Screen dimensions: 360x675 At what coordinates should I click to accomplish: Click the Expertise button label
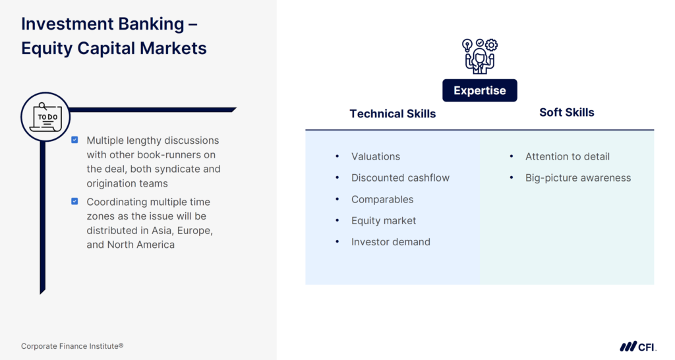tap(479, 90)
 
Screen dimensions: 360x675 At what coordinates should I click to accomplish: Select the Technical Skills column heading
tap(392, 113)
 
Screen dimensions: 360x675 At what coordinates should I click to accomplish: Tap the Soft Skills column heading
tap(566, 112)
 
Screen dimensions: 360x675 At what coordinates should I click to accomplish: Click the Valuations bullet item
tap(375, 156)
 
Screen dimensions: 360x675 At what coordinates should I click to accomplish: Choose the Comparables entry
tap(382, 199)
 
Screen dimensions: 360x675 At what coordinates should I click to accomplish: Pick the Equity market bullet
tap(384, 220)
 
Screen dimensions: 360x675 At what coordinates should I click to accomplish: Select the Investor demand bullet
tap(390, 242)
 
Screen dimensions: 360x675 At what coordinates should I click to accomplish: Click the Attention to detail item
tap(567, 156)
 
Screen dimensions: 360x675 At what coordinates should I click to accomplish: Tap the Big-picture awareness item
tap(577, 178)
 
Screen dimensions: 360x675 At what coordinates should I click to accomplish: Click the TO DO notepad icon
tap(45, 117)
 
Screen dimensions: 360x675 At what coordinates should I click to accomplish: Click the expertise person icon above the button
tap(479, 56)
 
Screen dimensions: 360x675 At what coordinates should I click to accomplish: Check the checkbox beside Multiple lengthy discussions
tap(74, 140)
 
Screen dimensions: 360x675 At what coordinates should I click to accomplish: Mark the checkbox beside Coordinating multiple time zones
tap(74, 201)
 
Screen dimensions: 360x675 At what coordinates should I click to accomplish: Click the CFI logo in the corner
tap(637, 346)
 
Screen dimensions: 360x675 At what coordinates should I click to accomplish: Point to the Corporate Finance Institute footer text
tap(72, 346)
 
